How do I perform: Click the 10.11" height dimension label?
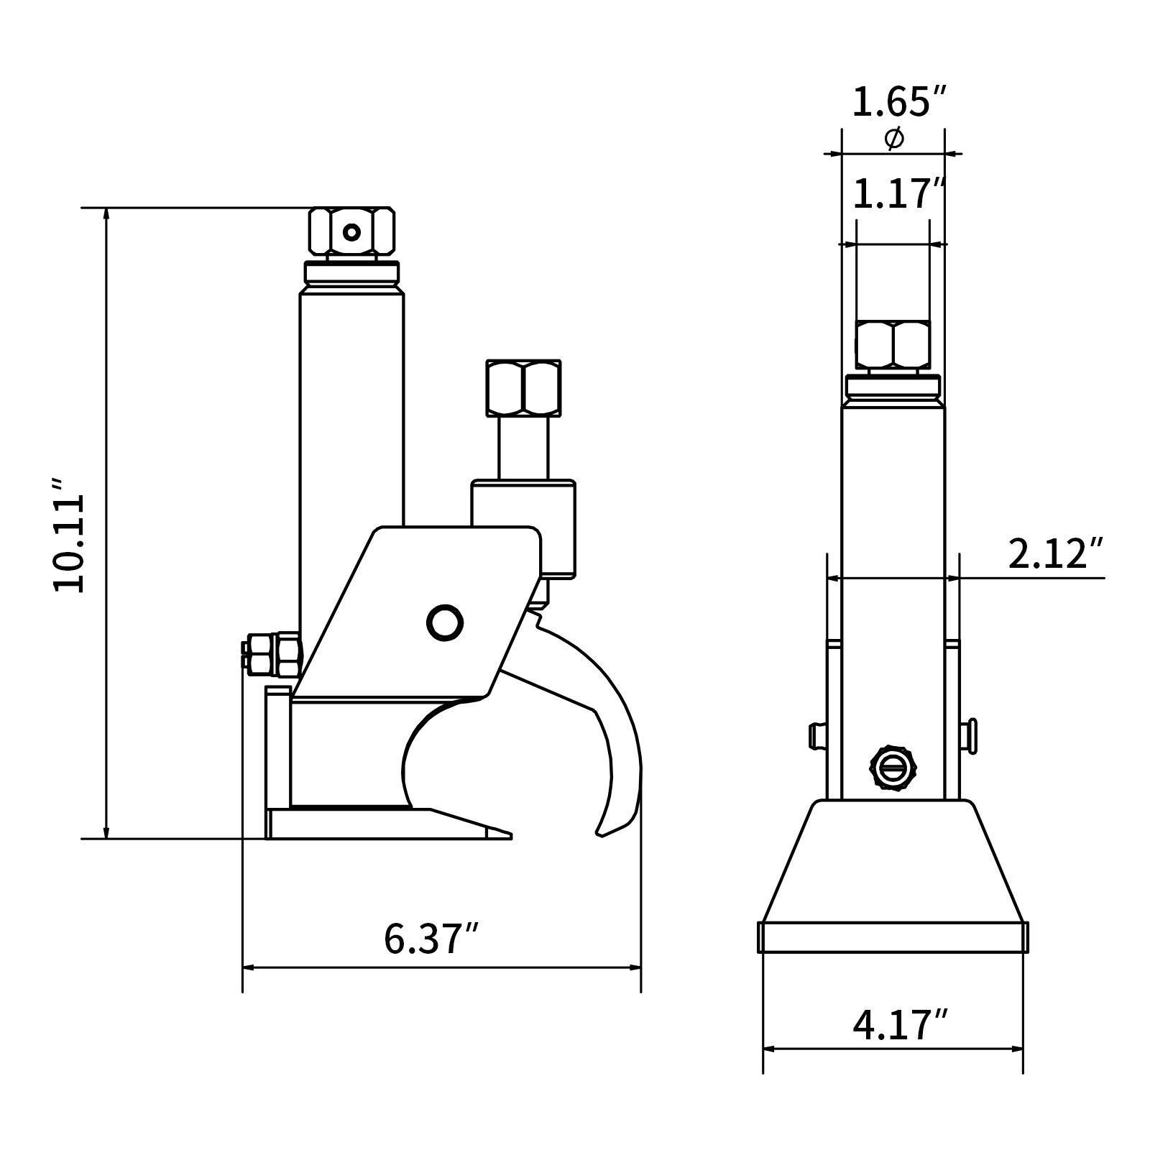click(x=70, y=533)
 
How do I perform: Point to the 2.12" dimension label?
click(x=1054, y=554)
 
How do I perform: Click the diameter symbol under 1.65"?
click(x=894, y=139)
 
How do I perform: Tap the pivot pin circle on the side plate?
click(x=444, y=622)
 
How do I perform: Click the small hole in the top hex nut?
click(x=351, y=232)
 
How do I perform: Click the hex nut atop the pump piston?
click(x=523, y=387)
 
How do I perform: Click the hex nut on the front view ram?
click(x=893, y=346)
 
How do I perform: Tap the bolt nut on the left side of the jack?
click(x=272, y=654)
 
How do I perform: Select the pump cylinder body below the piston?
click(x=523, y=528)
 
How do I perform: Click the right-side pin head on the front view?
click(x=970, y=736)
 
